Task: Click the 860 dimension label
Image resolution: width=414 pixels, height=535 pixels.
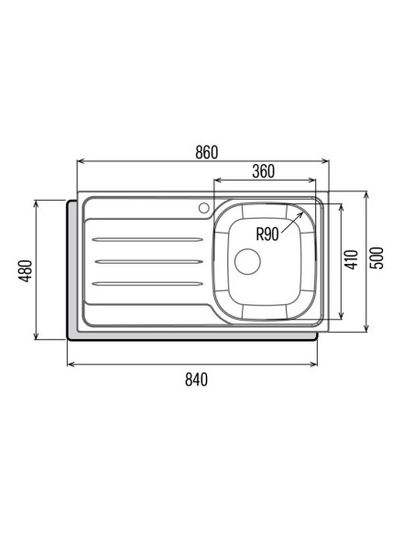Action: (x=207, y=152)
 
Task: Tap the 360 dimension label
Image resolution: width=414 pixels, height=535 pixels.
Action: (x=263, y=171)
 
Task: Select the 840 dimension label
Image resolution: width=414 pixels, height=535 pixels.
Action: (x=196, y=379)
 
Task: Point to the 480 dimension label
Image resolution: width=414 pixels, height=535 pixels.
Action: (x=25, y=271)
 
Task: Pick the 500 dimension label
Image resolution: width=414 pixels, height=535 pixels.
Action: (x=376, y=258)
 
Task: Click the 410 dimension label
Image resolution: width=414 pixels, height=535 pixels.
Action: (x=352, y=259)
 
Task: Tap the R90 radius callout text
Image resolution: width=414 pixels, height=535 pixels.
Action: (x=267, y=235)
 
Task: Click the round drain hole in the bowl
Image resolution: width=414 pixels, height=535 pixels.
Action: (x=247, y=262)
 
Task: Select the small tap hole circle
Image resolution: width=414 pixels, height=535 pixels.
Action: (x=204, y=208)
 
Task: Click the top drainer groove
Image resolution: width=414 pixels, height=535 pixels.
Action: (x=147, y=239)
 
